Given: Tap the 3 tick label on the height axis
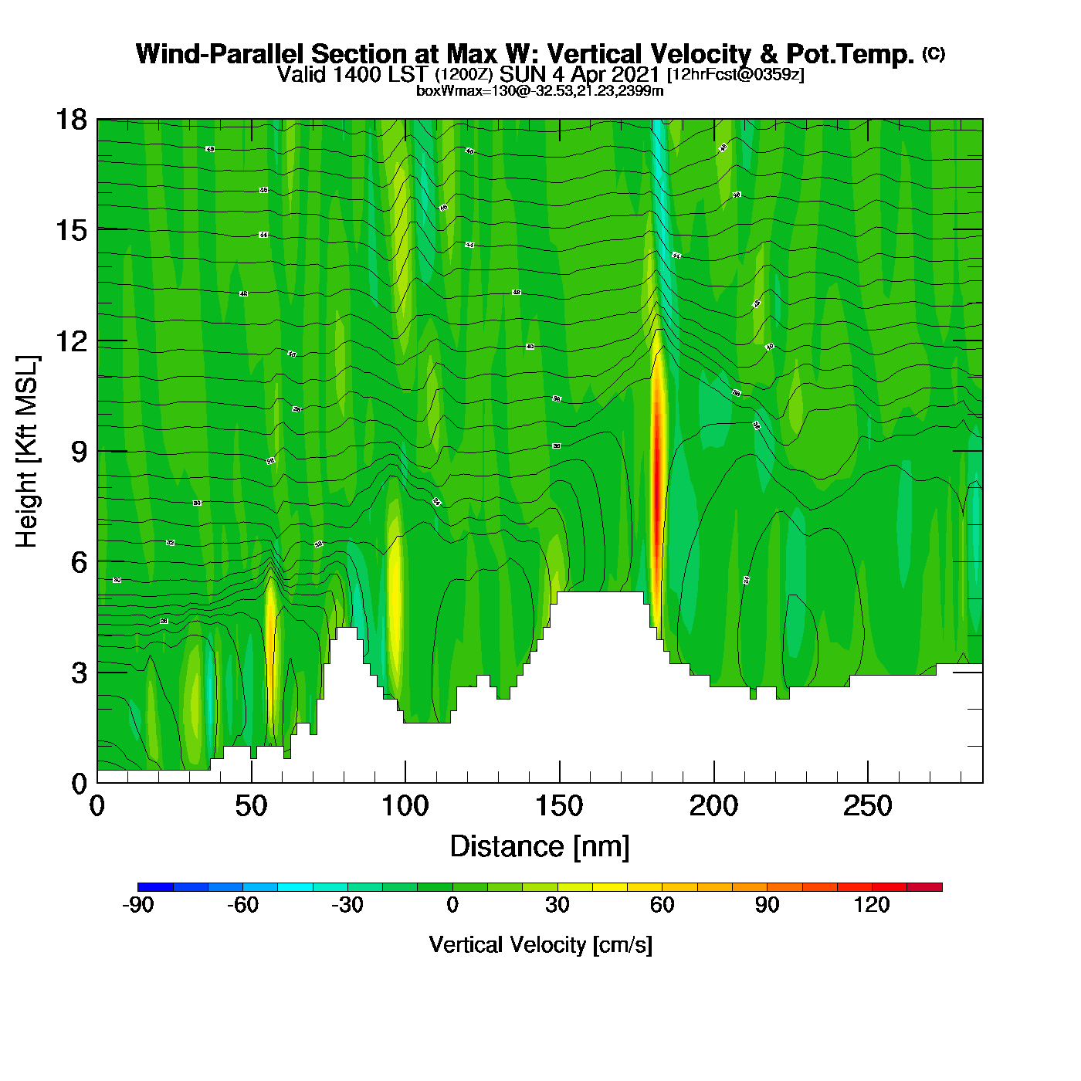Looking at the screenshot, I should (x=79, y=673).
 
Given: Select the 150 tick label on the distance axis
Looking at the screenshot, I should (x=559, y=806).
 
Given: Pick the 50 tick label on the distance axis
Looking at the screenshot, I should (x=251, y=806).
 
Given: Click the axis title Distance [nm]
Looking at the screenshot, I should (x=540, y=846).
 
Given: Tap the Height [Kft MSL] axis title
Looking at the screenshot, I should (x=27, y=452).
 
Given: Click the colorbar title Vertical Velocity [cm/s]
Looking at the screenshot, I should (x=540, y=944).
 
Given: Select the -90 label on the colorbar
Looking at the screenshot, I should (x=138, y=905).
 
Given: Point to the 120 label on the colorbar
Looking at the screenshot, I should (x=872, y=905).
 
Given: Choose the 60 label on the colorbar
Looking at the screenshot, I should (x=662, y=905).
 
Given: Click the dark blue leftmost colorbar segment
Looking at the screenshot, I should (x=155, y=887).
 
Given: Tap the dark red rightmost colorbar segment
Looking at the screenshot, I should (x=924, y=887).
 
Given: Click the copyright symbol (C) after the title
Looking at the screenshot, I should (x=934, y=53).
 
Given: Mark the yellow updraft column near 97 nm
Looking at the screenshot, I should (x=395, y=602).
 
